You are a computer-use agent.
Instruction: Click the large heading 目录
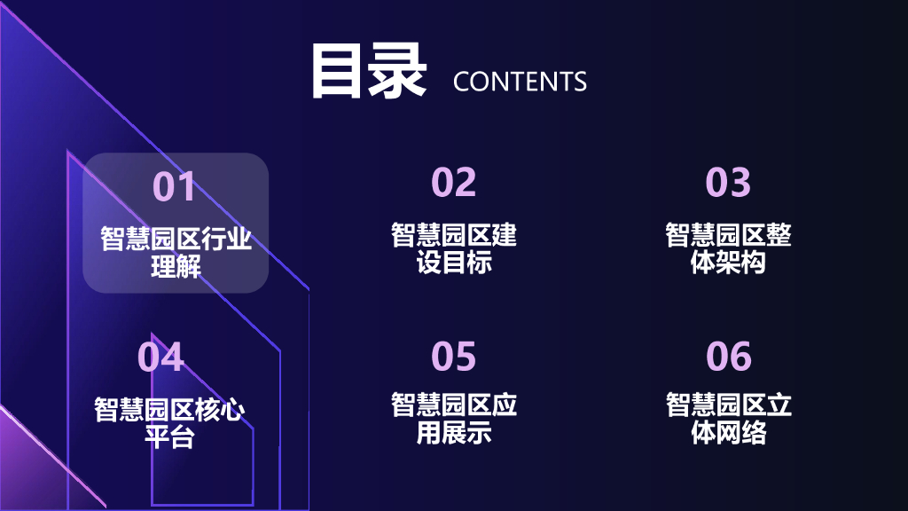(368, 71)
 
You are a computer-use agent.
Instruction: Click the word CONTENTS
(520, 82)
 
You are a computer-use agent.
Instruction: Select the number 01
(174, 187)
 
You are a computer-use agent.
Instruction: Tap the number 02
(453, 182)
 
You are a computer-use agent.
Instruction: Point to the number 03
(728, 182)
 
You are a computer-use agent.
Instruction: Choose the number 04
(160, 357)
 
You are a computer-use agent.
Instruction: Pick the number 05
(453, 357)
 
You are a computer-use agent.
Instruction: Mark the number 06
(728, 357)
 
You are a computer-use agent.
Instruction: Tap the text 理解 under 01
(176, 267)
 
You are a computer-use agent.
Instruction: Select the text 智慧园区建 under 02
(453, 235)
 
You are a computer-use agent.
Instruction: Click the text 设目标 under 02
(453, 263)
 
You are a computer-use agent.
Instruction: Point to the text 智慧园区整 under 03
(728, 235)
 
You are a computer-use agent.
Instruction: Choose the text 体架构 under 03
(728, 263)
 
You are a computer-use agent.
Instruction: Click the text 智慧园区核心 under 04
(169, 410)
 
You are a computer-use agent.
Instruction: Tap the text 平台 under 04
(169, 437)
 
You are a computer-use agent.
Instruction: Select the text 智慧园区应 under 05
(453, 405)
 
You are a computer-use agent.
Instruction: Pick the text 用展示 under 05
(453, 433)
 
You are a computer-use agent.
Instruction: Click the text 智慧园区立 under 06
(728, 405)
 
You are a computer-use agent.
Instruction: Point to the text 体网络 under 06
(728, 433)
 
